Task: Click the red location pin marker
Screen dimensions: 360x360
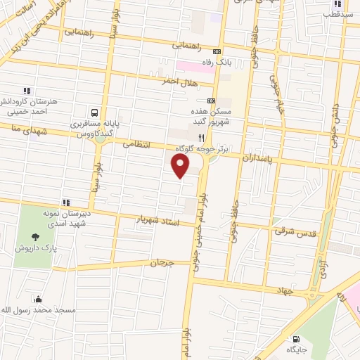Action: [181, 166]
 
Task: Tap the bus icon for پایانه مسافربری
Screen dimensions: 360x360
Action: [94, 111]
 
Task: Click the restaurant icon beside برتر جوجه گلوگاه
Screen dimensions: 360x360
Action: [201, 138]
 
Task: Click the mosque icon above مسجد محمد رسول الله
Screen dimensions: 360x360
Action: [37, 300]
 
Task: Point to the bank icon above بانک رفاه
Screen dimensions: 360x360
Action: [217, 51]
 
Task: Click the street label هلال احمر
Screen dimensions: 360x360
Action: [180, 82]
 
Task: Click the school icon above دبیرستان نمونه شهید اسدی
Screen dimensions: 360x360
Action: [66, 202]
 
